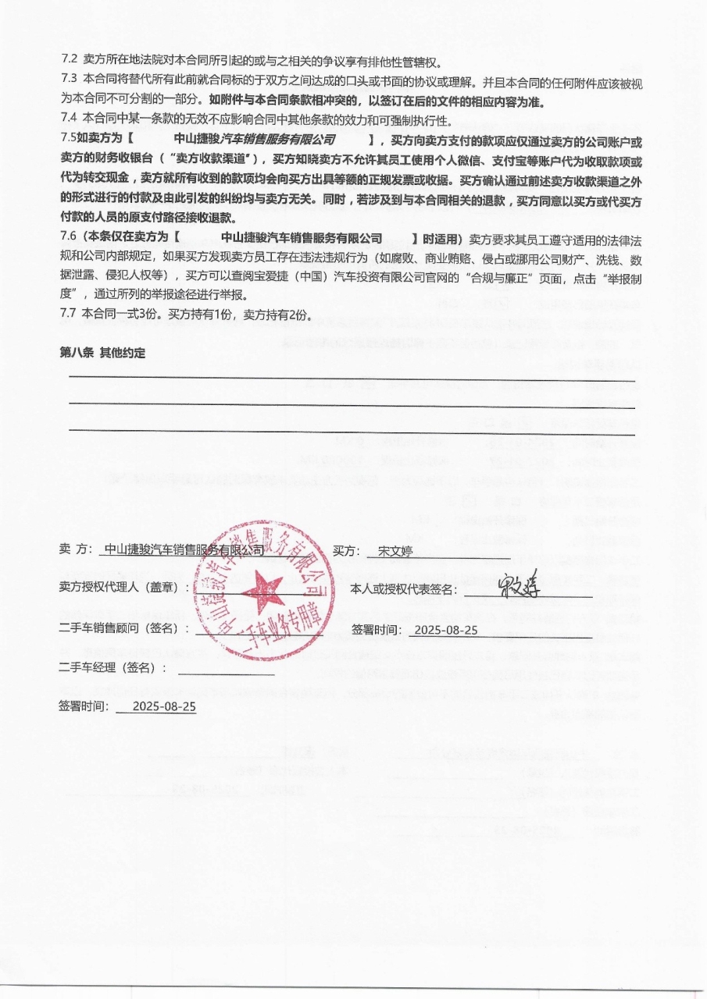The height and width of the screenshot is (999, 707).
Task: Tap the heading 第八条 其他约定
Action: (x=102, y=353)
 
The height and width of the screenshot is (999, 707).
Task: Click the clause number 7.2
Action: (x=70, y=60)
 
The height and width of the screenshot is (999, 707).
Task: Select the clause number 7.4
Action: (x=70, y=119)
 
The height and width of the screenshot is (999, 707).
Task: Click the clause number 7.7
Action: (x=70, y=315)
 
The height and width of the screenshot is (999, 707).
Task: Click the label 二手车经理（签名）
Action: (x=113, y=668)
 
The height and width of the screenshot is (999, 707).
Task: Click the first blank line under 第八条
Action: (x=352, y=376)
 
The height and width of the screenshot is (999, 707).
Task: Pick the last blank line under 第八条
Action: (x=352, y=432)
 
